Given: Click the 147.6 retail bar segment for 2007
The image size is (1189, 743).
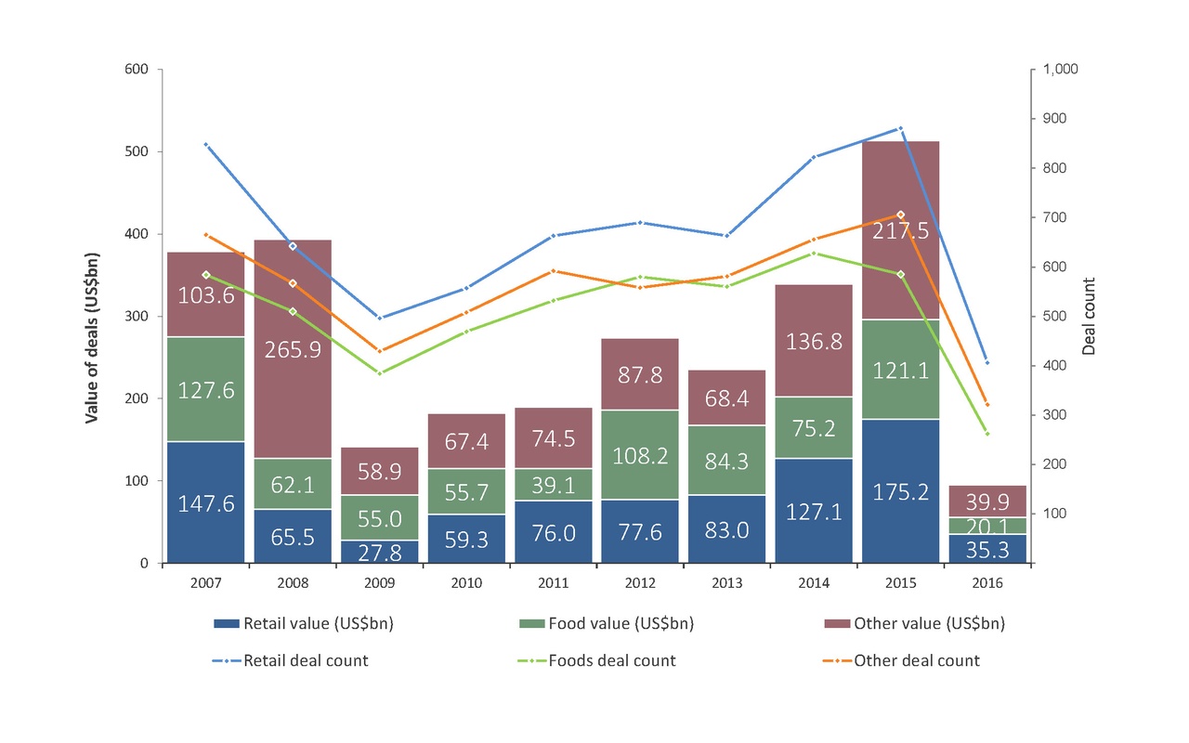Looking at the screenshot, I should pyautogui.click(x=205, y=502).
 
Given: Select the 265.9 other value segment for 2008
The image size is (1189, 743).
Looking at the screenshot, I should pyautogui.click(x=293, y=349).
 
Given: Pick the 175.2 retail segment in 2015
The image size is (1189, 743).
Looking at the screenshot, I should pyautogui.click(x=900, y=490).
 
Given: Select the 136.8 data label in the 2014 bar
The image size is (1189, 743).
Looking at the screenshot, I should pyautogui.click(x=814, y=342).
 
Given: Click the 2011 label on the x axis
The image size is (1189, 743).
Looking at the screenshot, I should pyautogui.click(x=554, y=583).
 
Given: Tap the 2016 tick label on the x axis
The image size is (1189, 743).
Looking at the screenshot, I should pyautogui.click(x=987, y=583).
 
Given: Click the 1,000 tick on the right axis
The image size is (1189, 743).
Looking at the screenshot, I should pyautogui.click(x=1061, y=70).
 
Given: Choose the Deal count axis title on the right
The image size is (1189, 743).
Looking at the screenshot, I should pyautogui.click(x=1091, y=316).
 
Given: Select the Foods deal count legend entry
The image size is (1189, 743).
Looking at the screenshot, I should pyautogui.click(x=612, y=661).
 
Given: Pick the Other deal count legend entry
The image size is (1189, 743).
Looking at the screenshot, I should pyautogui.click(x=916, y=661).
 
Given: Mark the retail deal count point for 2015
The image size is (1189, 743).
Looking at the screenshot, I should pyautogui.click(x=900, y=128).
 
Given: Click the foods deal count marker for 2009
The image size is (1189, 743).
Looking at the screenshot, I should pyautogui.click(x=380, y=373).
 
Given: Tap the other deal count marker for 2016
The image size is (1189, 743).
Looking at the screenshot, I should pyautogui.click(x=986, y=405).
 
